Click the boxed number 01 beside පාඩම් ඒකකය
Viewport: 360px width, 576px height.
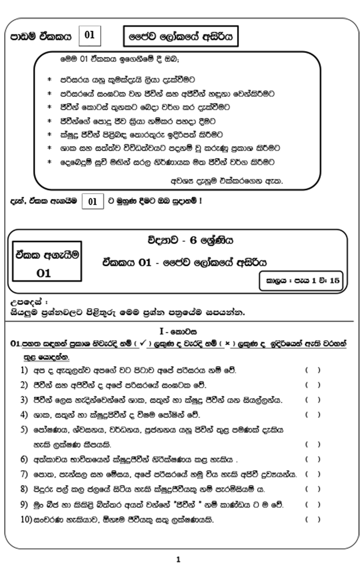pyautogui.click(x=90, y=36)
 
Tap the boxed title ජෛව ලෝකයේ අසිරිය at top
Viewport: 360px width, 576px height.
pyautogui.click(x=180, y=37)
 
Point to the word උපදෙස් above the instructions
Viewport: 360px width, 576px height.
pyautogui.click(x=23, y=303)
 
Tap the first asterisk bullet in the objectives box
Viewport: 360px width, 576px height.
pyautogui.click(x=49, y=79)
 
